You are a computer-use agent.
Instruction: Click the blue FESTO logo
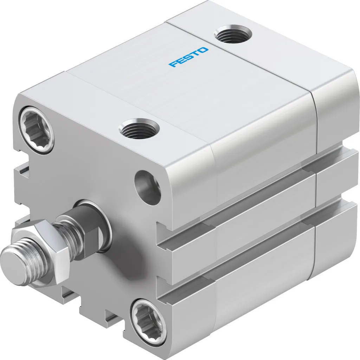pyautogui.click(x=188, y=57)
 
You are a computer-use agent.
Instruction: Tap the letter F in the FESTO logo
pyautogui.click(x=173, y=64)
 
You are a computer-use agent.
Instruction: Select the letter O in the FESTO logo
pyautogui.click(x=204, y=50)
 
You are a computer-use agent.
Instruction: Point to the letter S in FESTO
pyautogui.click(x=188, y=57)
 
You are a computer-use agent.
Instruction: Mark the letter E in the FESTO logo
pyautogui.click(x=181, y=60)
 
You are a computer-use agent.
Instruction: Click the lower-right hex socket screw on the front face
pyautogui.click(x=147, y=317)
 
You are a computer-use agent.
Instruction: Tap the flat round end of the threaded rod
pyautogui.click(x=11, y=259)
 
